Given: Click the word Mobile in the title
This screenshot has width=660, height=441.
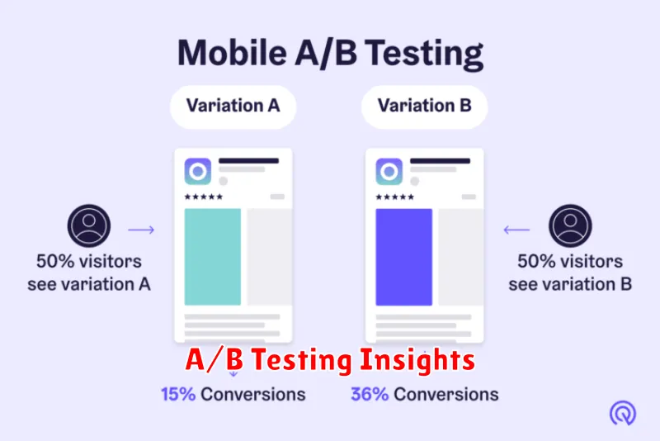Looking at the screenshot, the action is (x=232, y=53).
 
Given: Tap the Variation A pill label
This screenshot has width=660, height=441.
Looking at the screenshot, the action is (x=233, y=107).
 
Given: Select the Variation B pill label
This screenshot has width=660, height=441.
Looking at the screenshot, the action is (x=424, y=107).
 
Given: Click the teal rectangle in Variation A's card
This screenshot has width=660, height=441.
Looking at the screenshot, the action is (x=213, y=257).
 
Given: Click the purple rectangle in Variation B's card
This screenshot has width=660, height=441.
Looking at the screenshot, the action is (x=403, y=257).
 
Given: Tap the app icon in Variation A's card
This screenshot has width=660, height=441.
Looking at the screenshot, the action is (x=198, y=172).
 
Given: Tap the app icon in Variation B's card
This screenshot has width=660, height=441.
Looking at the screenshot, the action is (x=389, y=172).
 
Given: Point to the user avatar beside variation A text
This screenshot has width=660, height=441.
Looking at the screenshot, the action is (x=89, y=225).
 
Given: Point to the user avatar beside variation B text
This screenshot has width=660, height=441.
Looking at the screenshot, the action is (x=570, y=225).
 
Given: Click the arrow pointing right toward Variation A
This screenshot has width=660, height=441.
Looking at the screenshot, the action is (x=141, y=230).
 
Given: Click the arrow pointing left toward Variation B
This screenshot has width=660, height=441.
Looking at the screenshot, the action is (x=517, y=230).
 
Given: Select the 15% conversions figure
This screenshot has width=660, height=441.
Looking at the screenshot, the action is (x=178, y=395).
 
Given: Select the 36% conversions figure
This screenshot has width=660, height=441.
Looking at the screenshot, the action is (x=370, y=395).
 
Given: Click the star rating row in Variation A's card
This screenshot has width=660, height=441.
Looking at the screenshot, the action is (x=203, y=197).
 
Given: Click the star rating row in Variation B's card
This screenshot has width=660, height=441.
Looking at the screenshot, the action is (x=394, y=197).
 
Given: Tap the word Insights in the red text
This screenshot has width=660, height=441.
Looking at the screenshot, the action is (x=417, y=361).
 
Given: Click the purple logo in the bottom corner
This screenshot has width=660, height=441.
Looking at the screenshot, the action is (x=623, y=413).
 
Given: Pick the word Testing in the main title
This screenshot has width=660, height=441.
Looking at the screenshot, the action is (x=423, y=55).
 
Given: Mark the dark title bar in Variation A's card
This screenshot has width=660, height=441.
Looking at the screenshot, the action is (x=249, y=161).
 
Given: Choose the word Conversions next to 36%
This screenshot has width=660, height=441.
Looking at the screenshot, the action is (x=446, y=395).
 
